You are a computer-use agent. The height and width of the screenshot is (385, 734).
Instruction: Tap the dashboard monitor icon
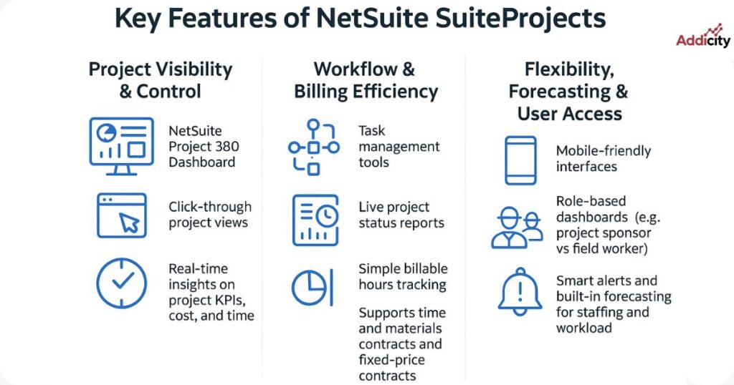pos(121,145)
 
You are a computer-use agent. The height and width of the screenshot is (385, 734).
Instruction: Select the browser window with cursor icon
pos(121,215)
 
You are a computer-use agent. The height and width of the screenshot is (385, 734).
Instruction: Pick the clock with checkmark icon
pos(121,283)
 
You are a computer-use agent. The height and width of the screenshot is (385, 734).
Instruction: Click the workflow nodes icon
pos(313,147)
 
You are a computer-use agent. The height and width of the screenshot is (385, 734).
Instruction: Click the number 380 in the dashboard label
pos(225,147)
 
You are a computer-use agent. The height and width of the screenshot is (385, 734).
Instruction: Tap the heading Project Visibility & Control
pos(160,80)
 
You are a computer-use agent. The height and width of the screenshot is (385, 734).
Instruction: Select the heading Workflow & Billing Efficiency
pos(365,80)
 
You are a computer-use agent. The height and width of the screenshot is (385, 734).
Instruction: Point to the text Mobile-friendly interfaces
pos(604,159)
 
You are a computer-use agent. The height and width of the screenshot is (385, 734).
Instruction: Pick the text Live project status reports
pos(401,215)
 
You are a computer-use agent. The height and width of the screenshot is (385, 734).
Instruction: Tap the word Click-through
pos(210,207)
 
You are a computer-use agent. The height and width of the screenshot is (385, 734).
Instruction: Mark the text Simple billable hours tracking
pos(403,276)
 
